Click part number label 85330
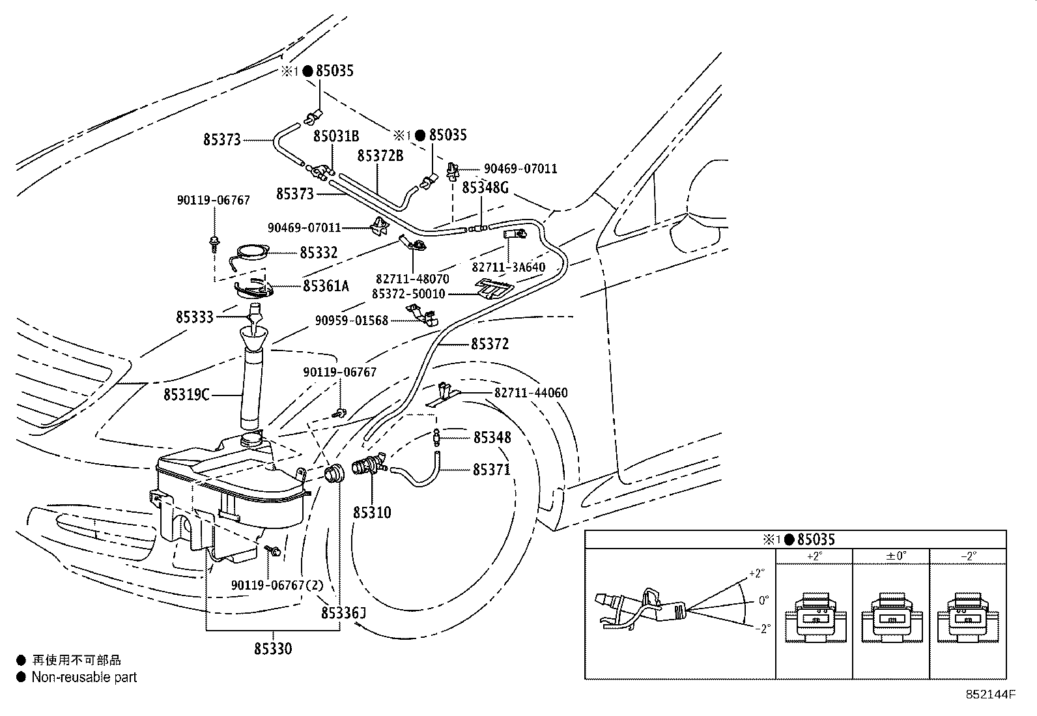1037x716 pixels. coord(273,649)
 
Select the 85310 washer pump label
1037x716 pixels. coord(373,513)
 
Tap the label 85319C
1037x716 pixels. coord(186,394)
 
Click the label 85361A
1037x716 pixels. coord(326,286)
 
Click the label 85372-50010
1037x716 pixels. coord(408,294)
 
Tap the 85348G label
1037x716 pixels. coord(485,188)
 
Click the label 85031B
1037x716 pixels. coord(336,136)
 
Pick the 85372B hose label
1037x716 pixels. coord(380,156)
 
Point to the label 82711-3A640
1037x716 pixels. coord(508,268)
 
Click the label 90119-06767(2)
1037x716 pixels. coord(277,585)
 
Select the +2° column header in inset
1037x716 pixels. coord(814,556)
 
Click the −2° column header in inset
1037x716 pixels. coord(968,556)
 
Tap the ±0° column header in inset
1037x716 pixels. coord(890,556)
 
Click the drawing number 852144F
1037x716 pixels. coord(990,695)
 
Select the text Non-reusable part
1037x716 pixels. coord(85,678)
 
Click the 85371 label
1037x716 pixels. coord(492,470)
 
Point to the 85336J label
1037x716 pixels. coord(343,613)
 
